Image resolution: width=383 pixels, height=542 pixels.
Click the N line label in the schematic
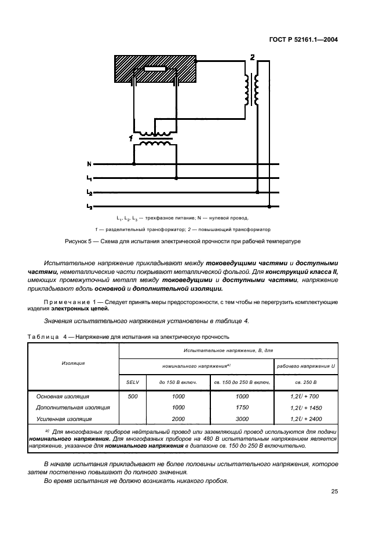tap(89, 164)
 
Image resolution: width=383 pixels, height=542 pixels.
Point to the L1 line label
tap(89, 178)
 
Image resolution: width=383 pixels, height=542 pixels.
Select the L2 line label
tap(89, 192)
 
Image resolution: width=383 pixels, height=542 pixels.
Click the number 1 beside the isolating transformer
tap(131, 138)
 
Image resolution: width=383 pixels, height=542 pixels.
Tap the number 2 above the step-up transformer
tap(251, 57)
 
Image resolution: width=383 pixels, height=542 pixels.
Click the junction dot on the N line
tap(134, 164)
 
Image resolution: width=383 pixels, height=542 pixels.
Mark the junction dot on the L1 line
tap(176, 178)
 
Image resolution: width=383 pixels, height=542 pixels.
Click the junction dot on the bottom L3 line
tap(269, 206)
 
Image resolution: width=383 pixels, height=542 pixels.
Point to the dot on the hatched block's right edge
tap(196, 60)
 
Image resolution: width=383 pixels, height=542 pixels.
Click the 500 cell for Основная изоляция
tap(133, 396)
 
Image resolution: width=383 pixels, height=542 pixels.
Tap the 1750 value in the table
tap(241, 407)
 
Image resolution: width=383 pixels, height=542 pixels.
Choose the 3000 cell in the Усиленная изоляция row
tap(241, 418)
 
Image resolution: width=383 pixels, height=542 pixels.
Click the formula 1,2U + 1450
tap(305, 407)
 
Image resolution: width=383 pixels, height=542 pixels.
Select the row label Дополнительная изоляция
tap(65, 407)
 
